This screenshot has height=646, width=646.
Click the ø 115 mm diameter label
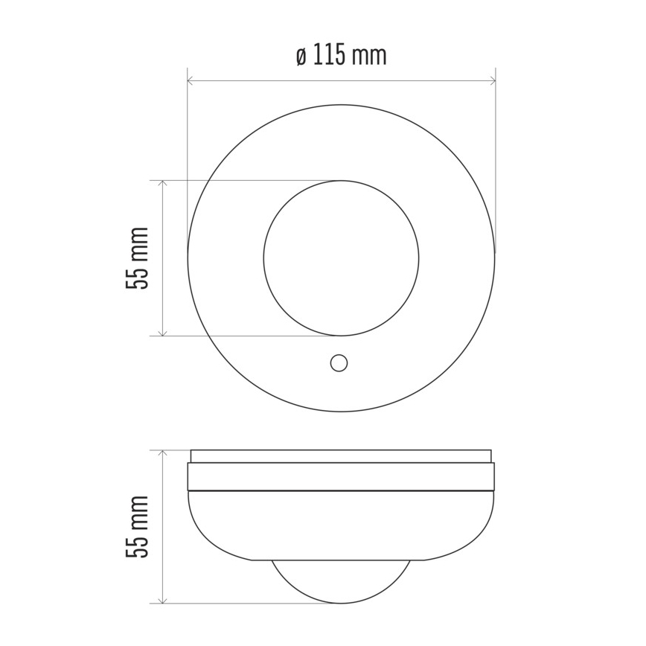tap(341, 56)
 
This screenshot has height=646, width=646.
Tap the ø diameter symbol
tap(301, 57)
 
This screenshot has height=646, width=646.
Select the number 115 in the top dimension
tap(331, 56)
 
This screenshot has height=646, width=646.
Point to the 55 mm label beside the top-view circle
tap(138, 258)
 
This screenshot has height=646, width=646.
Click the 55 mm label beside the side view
tap(138, 526)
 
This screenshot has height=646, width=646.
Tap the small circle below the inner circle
tap(339, 362)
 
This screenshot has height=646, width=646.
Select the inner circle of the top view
tap(341, 258)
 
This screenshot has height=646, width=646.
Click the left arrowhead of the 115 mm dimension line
tap(191, 80)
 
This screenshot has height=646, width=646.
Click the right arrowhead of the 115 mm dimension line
tap(491, 80)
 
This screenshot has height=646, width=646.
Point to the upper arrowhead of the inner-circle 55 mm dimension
tap(162, 184)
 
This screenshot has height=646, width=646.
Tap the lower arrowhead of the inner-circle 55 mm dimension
tap(162, 332)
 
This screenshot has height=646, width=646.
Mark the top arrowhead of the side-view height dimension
tap(162, 453)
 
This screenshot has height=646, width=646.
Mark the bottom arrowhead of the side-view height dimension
tap(162, 599)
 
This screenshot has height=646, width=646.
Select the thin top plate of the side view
tap(341, 456)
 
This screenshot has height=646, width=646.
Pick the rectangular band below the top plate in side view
tap(341, 477)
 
